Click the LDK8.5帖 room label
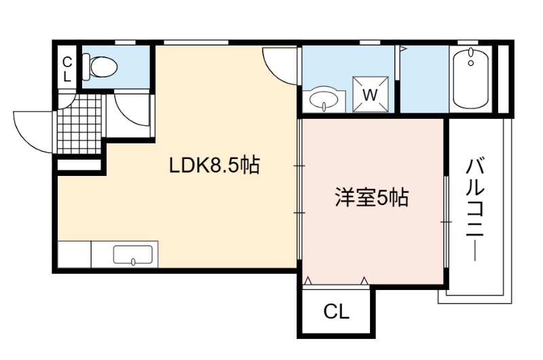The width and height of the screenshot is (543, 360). [x=214, y=165]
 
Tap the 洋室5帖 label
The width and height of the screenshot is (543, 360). [x=371, y=198]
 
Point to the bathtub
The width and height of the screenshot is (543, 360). [x=470, y=78]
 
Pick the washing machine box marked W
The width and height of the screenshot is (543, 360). [x=370, y=94]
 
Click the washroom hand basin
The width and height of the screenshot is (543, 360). [x=324, y=99]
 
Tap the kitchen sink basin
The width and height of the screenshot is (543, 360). [x=133, y=255]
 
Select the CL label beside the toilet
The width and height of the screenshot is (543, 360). [x=67, y=70]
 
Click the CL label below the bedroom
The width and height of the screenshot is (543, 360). [x=336, y=312]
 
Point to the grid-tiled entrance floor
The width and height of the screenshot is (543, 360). [x=80, y=124]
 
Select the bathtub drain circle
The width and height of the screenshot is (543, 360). [x=470, y=63]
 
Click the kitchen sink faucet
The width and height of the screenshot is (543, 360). [x=133, y=262]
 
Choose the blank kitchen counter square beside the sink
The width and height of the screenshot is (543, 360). [x=75, y=254]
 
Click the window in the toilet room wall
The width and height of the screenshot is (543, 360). [x=126, y=42]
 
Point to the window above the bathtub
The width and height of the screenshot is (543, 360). [x=468, y=42]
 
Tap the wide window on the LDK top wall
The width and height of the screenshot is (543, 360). [x=196, y=42]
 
